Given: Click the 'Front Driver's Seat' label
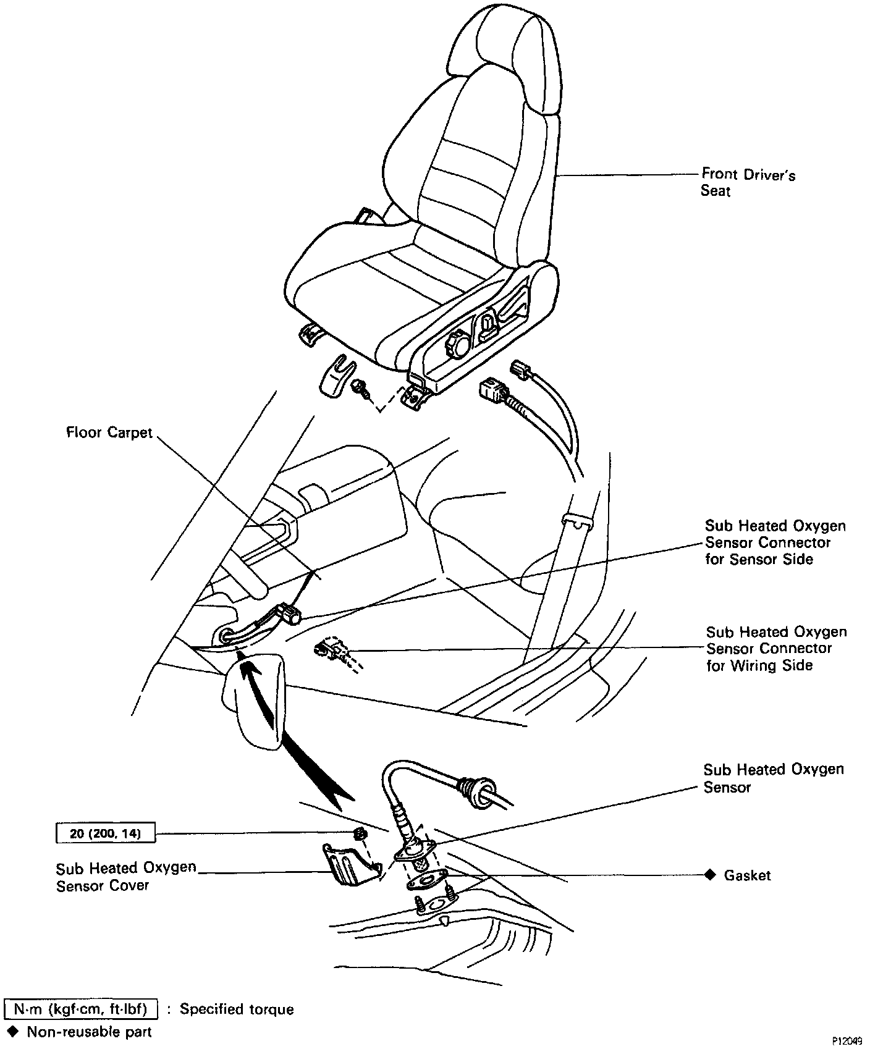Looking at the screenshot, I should pyautogui.click(x=748, y=182).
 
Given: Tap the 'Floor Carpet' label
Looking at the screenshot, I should pyautogui.click(x=109, y=432).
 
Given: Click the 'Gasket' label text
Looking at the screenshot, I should pyautogui.click(x=747, y=875).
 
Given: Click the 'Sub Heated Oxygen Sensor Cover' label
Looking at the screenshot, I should pyautogui.click(x=125, y=876).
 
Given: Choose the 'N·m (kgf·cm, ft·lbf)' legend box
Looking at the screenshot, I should pyautogui.click(x=81, y=1009).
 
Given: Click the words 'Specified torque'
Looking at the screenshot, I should pyautogui.click(x=237, y=1009).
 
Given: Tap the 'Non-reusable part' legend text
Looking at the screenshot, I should pyautogui.click(x=89, y=1032).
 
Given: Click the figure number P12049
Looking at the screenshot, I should pyautogui.click(x=846, y=1041).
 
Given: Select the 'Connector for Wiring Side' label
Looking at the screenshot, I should pyautogui.click(x=776, y=649).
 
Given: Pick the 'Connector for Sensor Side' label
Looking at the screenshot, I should pyautogui.click(x=775, y=542).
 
